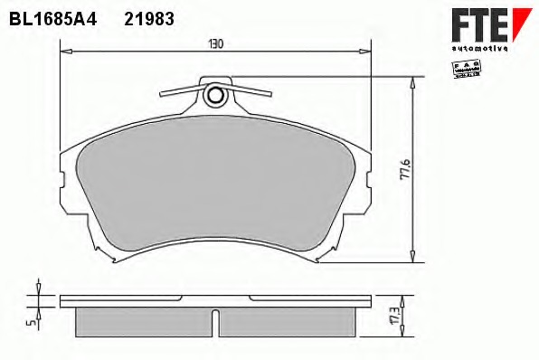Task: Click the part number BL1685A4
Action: pyautogui.click(x=52, y=17)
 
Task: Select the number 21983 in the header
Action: pyautogui.click(x=148, y=17)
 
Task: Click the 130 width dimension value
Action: pyautogui.click(x=215, y=43)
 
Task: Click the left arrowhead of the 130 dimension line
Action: pyautogui.click(x=64, y=52)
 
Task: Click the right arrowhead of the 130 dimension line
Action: pyautogui.click(x=367, y=52)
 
